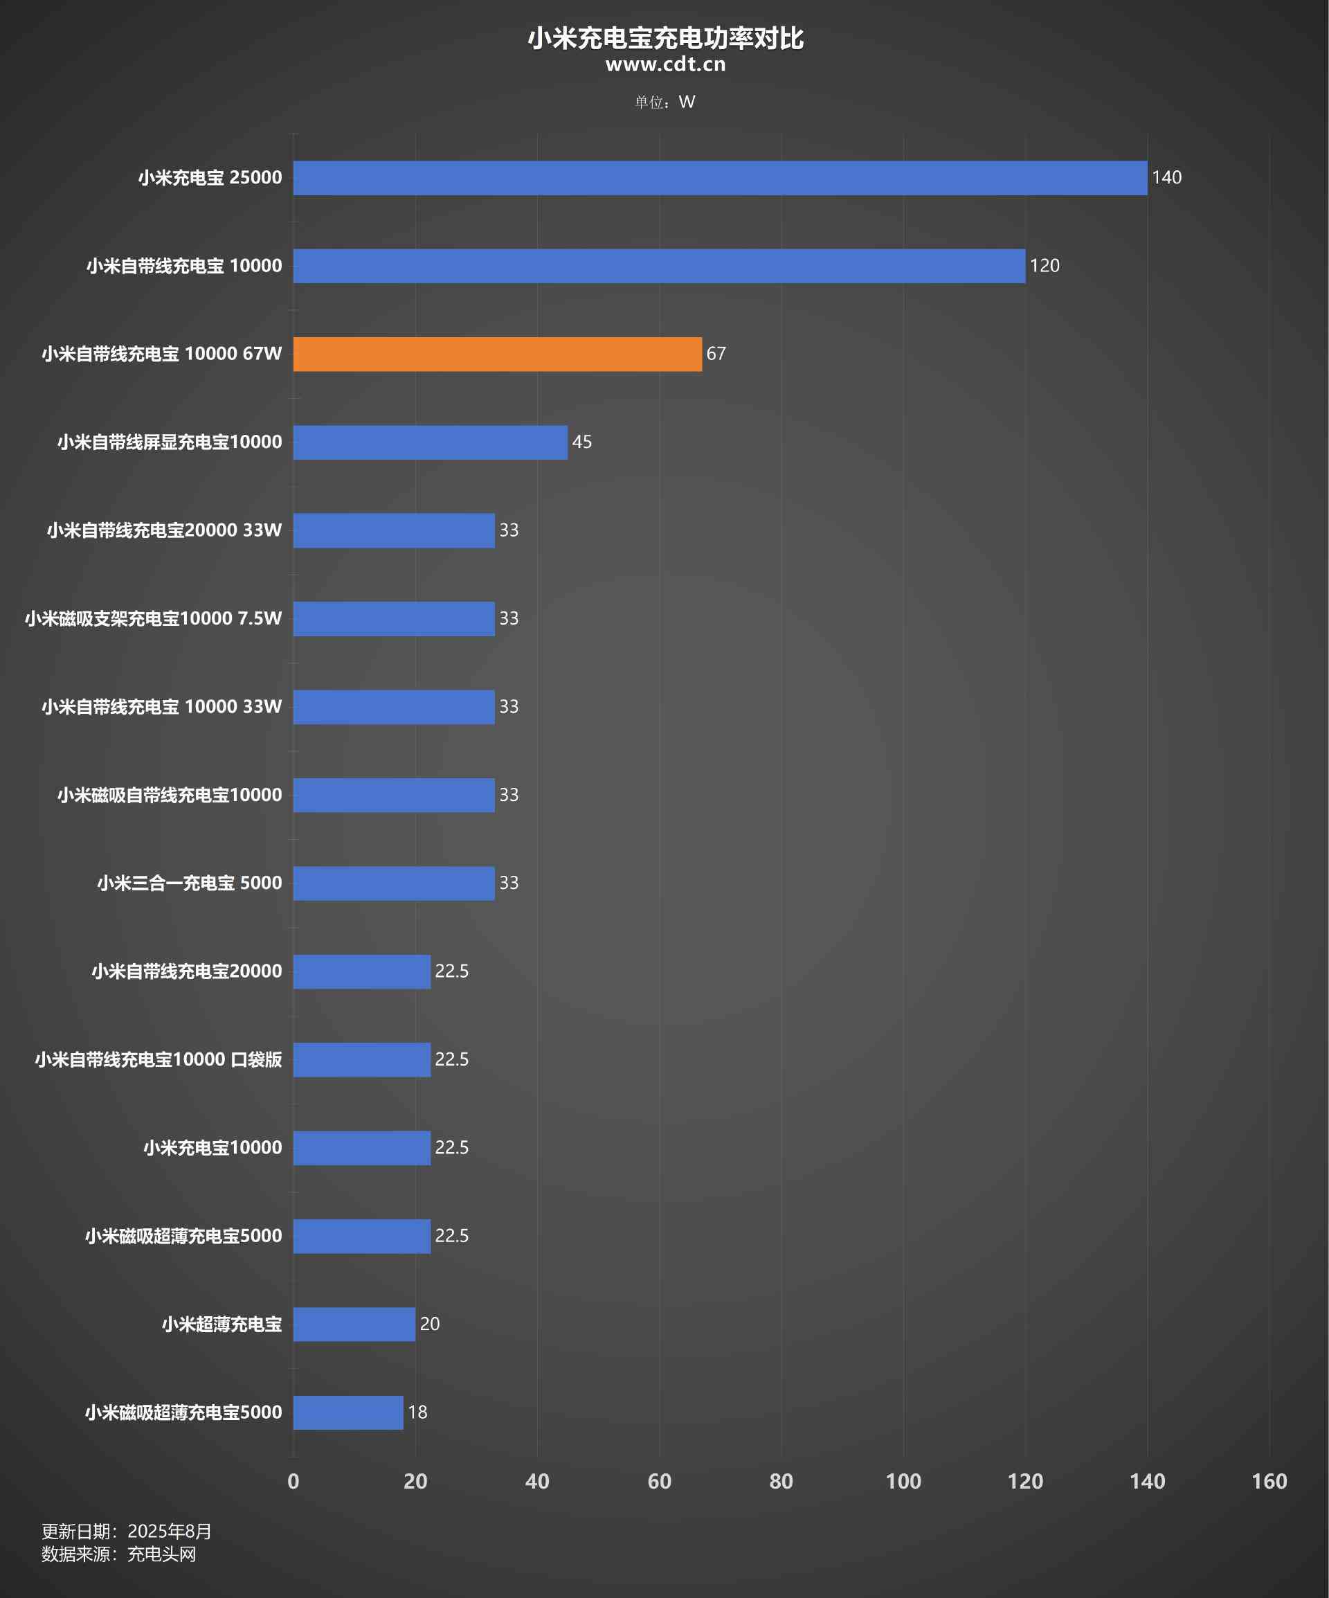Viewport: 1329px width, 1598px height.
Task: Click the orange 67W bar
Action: [x=498, y=354]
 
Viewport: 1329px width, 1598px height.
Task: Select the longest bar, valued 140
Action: [x=720, y=178]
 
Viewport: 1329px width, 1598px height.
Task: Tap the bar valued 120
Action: [x=659, y=267]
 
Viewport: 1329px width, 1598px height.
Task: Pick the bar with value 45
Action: [x=431, y=442]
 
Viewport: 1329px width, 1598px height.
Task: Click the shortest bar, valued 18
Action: [x=348, y=1412]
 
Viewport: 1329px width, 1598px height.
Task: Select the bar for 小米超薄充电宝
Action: [x=354, y=1324]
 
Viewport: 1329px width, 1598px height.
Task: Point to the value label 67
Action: [x=716, y=354]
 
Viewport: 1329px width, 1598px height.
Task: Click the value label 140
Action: [x=1166, y=178]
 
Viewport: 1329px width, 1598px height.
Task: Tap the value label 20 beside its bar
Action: [x=430, y=1324]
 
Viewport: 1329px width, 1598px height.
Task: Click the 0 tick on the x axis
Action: [x=293, y=1481]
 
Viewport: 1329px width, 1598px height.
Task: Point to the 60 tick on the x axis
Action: [x=660, y=1481]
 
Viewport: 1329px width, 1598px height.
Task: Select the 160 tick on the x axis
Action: [x=1269, y=1481]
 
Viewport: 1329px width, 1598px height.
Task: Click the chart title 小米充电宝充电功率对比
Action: [x=665, y=38]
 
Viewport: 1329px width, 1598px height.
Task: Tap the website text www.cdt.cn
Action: [x=665, y=64]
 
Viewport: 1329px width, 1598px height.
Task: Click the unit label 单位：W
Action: [x=665, y=102]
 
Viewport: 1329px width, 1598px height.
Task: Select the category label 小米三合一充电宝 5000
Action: [x=190, y=883]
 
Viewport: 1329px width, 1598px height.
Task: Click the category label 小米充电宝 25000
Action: [x=210, y=178]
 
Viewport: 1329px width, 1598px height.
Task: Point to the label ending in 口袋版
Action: [x=159, y=1059]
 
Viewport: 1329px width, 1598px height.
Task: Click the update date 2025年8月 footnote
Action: [x=126, y=1532]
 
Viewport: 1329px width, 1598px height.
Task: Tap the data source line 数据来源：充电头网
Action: [x=118, y=1554]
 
